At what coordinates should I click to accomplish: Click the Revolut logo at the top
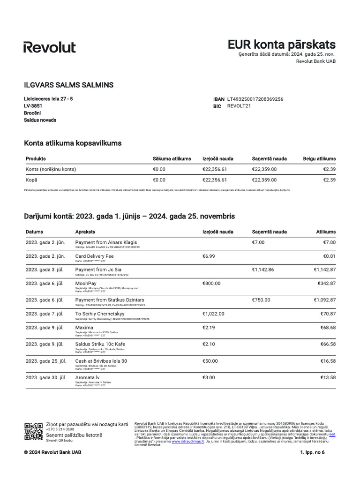[49, 47]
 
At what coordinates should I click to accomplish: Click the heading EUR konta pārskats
[281, 45]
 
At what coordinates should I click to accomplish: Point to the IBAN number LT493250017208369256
[255, 99]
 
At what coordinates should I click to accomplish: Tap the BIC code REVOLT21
[239, 106]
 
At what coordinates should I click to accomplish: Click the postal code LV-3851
[33, 106]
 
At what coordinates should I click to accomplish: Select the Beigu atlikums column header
[319, 158]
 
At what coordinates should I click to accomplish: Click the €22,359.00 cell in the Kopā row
[264, 180]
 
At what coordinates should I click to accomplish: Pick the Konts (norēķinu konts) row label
[51, 169]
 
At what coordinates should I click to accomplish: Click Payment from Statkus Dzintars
[110, 300]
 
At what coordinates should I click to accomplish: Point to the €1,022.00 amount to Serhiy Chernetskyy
[213, 314]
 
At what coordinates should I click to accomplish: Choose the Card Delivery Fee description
[94, 256]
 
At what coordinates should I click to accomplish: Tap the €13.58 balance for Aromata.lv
[327, 377]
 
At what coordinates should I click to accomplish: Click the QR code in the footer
[33, 431]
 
